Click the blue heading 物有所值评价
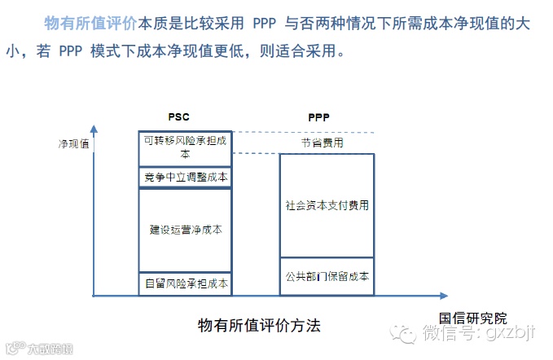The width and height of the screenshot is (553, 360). (x=90, y=22)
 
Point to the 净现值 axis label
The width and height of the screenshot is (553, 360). (x=73, y=143)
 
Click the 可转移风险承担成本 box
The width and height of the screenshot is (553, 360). (x=185, y=147)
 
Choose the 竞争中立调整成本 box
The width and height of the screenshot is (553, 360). (x=185, y=178)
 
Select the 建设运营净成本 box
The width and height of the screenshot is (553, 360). (x=185, y=230)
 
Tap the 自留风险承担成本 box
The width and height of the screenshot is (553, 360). (x=185, y=283)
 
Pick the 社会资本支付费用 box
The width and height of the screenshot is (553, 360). (x=327, y=205)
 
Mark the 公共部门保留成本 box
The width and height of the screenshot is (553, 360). (x=327, y=277)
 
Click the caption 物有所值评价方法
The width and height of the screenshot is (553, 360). (x=259, y=325)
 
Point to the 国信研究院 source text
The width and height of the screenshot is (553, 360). (x=473, y=317)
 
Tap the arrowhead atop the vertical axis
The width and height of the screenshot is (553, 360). (x=95, y=129)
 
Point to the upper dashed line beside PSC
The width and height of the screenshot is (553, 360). (x=301, y=132)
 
